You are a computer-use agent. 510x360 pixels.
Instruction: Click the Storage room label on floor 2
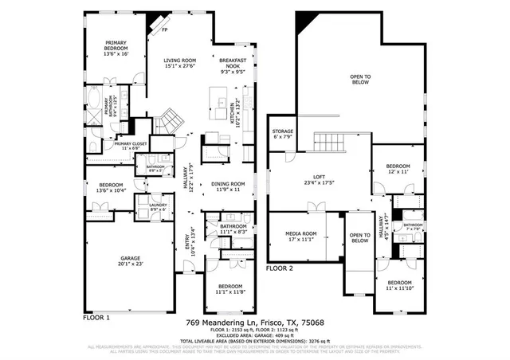click(283, 134)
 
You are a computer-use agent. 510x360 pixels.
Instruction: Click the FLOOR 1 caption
click(96, 316)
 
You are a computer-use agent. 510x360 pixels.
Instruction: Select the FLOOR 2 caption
click(280, 269)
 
